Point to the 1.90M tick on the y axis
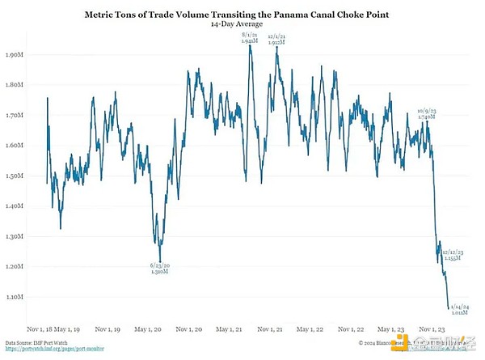click(x=15, y=55)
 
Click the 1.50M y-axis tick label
click(x=15, y=176)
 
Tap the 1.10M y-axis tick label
click(x=15, y=297)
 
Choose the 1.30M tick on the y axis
click(x=15, y=236)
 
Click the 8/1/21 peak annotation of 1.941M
click(x=250, y=37)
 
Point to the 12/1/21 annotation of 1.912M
click(x=276, y=37)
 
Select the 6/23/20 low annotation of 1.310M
click(x=159, y=269)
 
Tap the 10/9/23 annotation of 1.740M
click(x=426, y=114)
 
